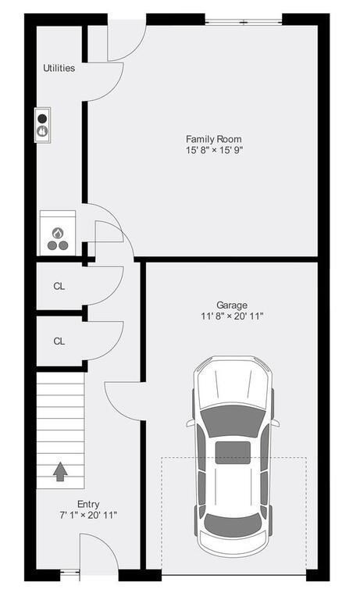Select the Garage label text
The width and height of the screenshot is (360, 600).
pyautogui.click(x=232, y=305)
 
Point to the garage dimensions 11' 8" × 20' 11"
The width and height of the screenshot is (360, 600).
pyautogui.click(x=232, y=316)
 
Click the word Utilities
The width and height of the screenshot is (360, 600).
pyautogui.click(x=59, y=68)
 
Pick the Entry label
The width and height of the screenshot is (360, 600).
pyautogui.click(x=88, y=504)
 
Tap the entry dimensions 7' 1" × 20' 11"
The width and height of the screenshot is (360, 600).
pyautogui.click(x=88, y=516)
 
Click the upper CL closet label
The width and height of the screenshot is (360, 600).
pyautogui.click(x=59, y=286)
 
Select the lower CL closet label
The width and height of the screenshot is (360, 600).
pyautogui.click(x=59, y=341)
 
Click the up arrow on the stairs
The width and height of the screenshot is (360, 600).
pyautogui.click(x=60, y=472)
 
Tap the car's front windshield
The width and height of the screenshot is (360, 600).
pyautogui.click(x=233, y=418)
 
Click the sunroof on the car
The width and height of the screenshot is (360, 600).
pyautogui.click(x=233, y=452)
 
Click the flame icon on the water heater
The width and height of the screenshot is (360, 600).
pyautogui.click(x=58, y=232)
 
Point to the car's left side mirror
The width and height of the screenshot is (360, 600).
pyautogui.click(x=191, y=423)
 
